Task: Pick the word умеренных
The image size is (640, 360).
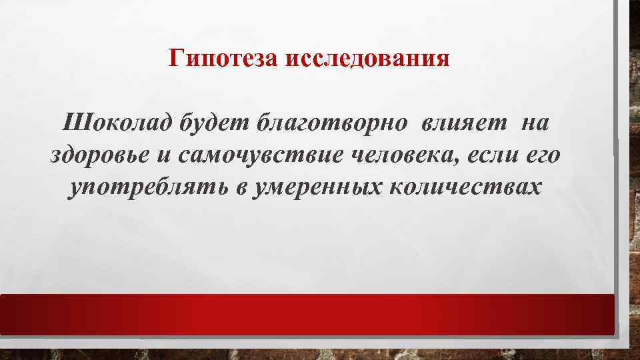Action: [x=315, y=188]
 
